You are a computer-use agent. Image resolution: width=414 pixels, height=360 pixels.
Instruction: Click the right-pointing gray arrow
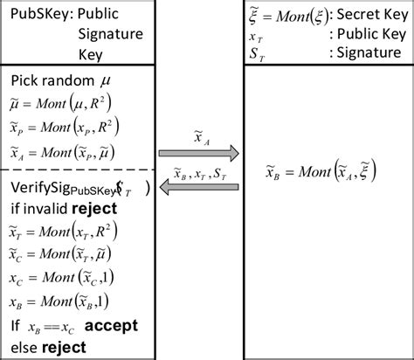(x=200, y=154)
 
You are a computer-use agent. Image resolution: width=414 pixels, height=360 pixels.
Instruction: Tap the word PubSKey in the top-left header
(x=33, y=15)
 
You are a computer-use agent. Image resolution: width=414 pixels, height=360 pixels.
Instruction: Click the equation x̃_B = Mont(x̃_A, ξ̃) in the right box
(x=321, y=171)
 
